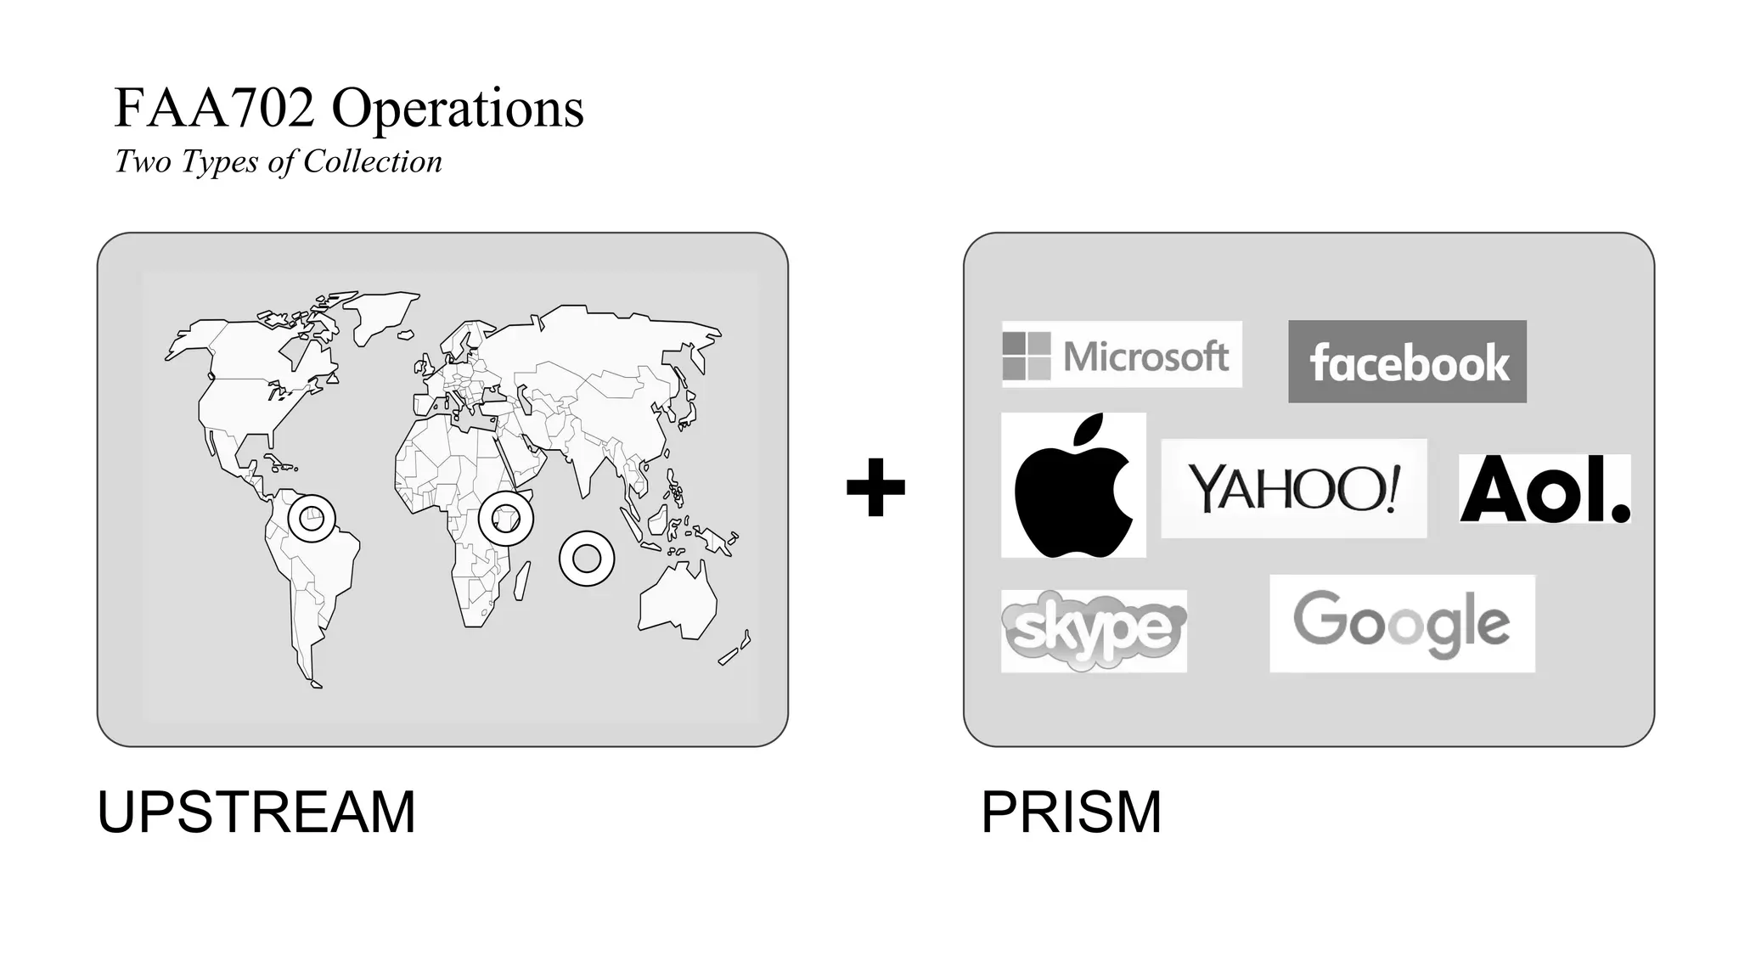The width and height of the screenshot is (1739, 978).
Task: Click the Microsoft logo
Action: [1121, 355]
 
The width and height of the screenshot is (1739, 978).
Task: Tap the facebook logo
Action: [1407, 362]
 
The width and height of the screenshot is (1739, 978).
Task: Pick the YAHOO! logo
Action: [1293, 488]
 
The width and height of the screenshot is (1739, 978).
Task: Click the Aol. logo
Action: [1545, 489]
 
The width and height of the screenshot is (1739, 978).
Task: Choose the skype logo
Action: [1094, 631]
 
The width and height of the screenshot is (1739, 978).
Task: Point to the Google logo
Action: [1402, 624]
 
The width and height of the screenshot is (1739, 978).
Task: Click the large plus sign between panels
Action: [875, 487]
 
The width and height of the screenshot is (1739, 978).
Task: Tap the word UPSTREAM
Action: [256, 812]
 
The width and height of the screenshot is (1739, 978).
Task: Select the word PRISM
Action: [1071, 812]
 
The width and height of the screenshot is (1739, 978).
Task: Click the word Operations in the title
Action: [458, 109]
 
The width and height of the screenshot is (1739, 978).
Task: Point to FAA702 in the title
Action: [214, 109]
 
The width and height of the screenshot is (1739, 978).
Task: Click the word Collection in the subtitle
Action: [372, 161]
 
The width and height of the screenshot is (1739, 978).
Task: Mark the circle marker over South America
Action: [312, 518]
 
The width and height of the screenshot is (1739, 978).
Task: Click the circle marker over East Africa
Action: [506, 518]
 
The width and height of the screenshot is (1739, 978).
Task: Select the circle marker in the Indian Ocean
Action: [587, 559]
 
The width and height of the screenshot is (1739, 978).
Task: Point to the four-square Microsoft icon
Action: [1026, 356]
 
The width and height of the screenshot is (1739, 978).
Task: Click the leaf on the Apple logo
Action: [1090, 429]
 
